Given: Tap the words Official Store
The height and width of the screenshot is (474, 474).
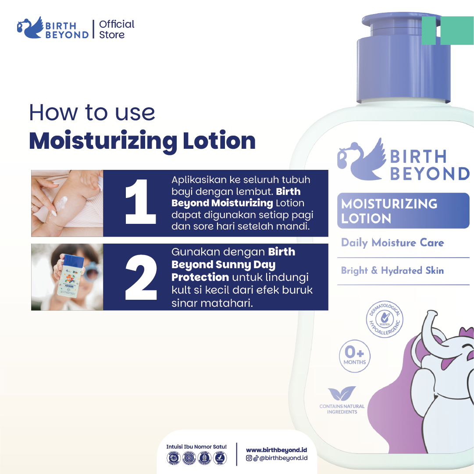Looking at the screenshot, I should click(x=116, y=29).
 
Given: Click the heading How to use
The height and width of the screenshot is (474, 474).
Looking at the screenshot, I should click(x=92, y=112).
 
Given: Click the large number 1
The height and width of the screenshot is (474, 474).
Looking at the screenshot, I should click(x=140, y=203).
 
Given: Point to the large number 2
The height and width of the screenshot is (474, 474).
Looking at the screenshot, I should click(x=141, y=277).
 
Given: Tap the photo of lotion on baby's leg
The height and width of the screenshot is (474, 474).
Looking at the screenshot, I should click(x=67, y=203).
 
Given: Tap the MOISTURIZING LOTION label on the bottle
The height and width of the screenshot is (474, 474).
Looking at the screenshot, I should click(x=389, y=211).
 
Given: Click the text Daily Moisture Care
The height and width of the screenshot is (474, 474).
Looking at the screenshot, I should click(x=392, y=243).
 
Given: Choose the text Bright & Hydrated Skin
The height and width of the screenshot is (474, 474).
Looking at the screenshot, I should click(x=392, y=270).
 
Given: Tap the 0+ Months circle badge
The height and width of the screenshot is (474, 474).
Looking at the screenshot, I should click(x=354, y=355).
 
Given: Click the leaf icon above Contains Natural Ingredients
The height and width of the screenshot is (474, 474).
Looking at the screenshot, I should click(x=342, y=393).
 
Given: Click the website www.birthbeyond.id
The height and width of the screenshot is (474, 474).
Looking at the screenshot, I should click(x=276, y=450).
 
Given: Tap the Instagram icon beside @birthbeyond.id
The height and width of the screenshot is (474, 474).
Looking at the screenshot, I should click(x=249, y=458).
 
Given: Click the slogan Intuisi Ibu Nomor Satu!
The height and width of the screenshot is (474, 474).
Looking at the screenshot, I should click(x=196, y=446).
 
